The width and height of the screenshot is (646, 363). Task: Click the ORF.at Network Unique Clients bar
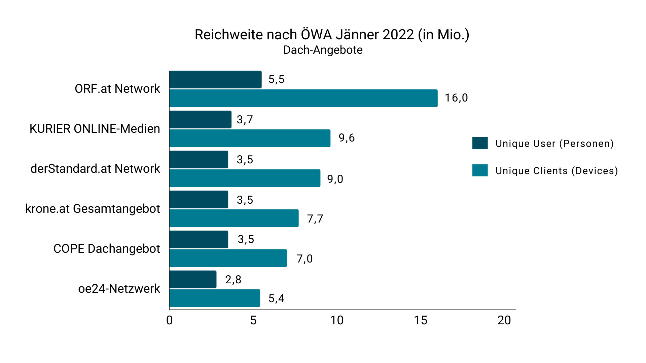(303, 98)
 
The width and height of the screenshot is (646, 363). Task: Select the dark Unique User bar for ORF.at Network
(215, 80)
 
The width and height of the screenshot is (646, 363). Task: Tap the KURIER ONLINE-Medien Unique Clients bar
(250, 138)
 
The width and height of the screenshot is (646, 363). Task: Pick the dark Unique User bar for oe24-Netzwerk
(193, 279)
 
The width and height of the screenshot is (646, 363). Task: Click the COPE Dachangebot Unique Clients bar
(228, 258)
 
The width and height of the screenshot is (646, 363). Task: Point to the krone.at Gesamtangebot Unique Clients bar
(234, 218)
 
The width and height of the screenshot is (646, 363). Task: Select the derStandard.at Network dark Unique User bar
(199, 159)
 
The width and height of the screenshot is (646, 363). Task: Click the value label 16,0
(456, 98)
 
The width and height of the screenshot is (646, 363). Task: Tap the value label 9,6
(347, 138)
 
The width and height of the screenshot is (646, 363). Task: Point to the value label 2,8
(233, 280)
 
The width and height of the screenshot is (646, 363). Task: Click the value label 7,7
(315, 219)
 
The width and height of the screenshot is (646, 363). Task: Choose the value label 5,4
(276, 298)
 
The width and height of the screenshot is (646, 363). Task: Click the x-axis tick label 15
(421, 320)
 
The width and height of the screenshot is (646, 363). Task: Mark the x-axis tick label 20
(504, 320)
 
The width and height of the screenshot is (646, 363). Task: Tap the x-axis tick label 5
(253, 320)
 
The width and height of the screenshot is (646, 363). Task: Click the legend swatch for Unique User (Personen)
(480, 143)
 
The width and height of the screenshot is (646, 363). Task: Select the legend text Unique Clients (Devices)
(557, 171)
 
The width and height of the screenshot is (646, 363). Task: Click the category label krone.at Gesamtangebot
(93, 209)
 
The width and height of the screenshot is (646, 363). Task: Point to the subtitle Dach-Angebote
(323, 50)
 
